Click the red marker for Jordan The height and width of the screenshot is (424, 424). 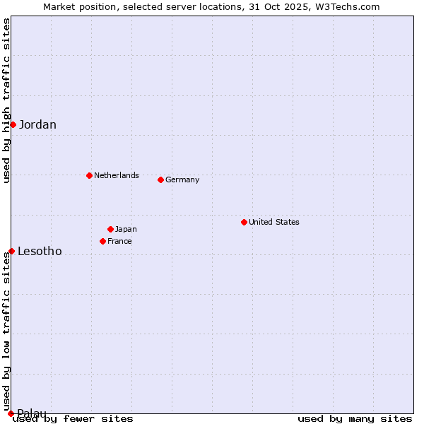[13, 124]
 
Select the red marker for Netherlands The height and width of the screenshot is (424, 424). [89, 175]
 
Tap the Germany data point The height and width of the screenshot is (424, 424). [160, 179]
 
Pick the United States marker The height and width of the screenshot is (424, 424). [244, 222]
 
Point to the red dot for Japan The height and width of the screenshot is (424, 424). [110, 229]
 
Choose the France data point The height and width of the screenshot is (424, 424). [103, 241]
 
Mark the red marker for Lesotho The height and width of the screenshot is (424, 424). [11, 251]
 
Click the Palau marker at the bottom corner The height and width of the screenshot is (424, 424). [11, 413]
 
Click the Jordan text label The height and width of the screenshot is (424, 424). [37, 125]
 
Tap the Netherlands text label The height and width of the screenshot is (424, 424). [117, 175]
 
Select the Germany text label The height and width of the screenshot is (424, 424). [182, 179]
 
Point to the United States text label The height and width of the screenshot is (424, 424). [274, 222]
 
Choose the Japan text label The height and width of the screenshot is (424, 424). [126, 229]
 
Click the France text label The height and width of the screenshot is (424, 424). [119, 241]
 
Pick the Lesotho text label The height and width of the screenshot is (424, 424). [40, 252]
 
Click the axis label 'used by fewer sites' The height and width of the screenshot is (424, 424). [73, 418]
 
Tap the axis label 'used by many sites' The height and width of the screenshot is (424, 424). [355, 418]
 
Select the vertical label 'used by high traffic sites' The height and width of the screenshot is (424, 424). [6, 100]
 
